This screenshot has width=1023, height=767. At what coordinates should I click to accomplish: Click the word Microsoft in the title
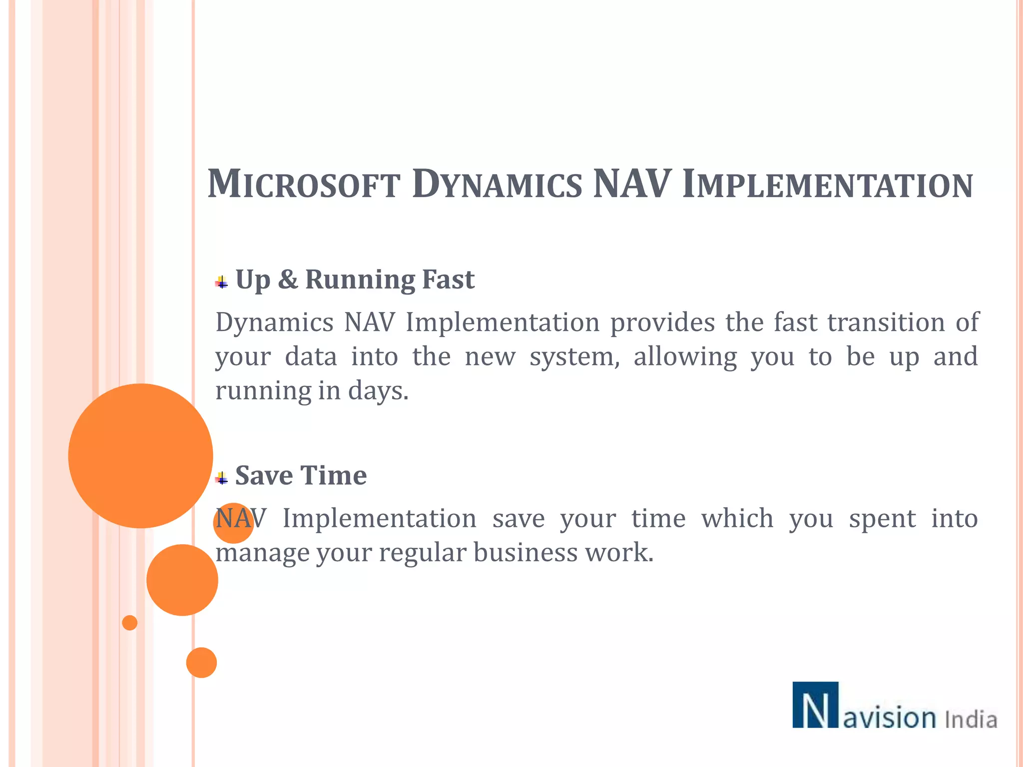304,184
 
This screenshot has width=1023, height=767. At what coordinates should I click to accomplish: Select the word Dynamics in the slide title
497,184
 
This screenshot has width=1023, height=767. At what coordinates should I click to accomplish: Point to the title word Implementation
827,184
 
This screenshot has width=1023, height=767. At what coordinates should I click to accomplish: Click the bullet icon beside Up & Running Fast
222,283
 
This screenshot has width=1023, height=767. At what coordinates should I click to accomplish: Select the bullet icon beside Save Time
222,478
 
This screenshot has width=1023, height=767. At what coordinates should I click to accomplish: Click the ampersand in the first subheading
288,279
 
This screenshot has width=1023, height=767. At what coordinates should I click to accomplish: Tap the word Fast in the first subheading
448,279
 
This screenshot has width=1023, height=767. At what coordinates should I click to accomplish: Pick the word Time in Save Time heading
334,475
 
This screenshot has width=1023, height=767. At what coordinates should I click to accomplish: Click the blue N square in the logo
815,705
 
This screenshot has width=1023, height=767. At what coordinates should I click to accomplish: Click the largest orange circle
140,455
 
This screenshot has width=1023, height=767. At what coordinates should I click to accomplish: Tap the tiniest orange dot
130,623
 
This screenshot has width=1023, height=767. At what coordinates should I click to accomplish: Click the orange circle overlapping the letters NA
233,523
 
